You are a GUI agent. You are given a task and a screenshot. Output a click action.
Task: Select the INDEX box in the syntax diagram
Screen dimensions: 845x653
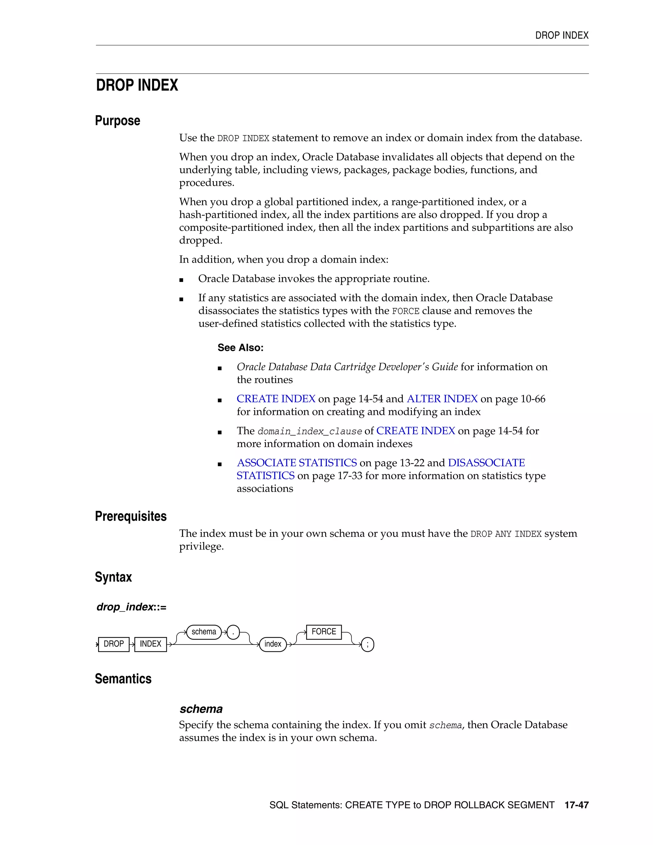[150, 644]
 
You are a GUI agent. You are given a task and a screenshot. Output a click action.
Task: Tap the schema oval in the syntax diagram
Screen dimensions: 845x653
[204, 632]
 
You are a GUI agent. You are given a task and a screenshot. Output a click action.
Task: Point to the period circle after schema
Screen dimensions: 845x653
[233, 632]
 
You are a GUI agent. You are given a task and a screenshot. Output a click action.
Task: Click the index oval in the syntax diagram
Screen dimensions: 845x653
[273, 644]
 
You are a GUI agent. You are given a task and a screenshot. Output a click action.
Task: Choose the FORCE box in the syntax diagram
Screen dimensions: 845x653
[324, 631]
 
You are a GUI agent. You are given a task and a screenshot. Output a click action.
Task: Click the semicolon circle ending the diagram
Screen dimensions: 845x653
[368, 644]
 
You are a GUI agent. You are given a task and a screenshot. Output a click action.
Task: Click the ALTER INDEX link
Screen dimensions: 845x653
[442, 399]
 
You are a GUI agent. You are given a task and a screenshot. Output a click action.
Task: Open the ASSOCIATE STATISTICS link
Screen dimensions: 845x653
[297, 463]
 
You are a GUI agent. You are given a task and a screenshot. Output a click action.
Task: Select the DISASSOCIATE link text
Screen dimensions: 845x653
[486, 463]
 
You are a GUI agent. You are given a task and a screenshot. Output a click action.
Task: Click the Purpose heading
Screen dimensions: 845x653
[118, 121]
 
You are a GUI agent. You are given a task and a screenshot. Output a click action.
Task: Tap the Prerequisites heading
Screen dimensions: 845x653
[131, 516]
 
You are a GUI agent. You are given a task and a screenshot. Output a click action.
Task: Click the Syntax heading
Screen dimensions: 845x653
[113, 577]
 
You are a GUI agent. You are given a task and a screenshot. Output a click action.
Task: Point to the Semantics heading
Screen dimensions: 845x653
[123, 679]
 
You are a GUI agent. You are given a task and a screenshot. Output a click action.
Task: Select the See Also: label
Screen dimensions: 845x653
[240, 348]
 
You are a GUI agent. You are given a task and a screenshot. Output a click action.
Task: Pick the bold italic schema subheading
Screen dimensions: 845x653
[201, 709]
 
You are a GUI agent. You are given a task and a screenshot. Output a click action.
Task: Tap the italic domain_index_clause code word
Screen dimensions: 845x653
[310, 431]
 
